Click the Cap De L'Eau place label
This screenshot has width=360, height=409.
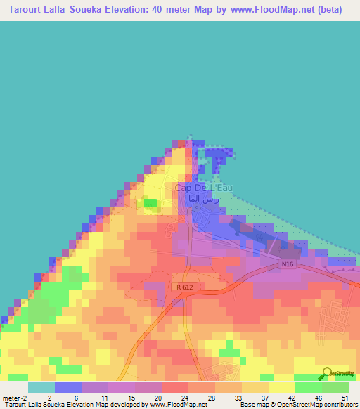coord(203,188)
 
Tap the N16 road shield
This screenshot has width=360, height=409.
coord(285,264)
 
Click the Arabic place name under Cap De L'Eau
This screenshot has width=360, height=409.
coord(202,200)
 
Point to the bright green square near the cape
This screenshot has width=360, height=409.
coord(151,203)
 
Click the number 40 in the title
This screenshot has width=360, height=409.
coord(176,10)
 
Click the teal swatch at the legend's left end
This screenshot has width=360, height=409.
coord(41,387)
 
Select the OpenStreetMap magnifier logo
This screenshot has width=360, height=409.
coord(326,374)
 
